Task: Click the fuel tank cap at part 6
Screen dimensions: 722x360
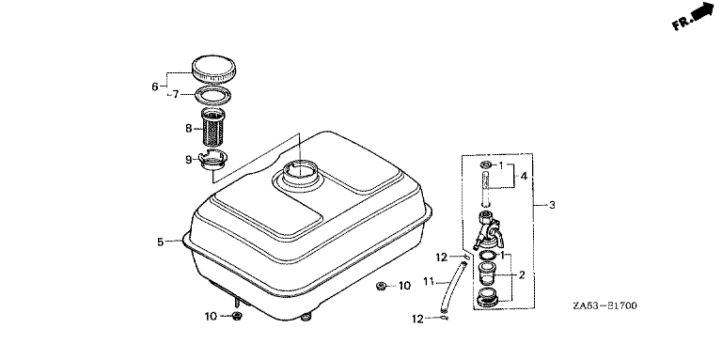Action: (x=213, y=69)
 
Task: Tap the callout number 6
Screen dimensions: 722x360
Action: (x=155, y=86)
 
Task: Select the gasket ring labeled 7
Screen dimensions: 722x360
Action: (x=212, y=97)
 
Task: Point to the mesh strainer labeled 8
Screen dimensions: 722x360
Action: (x=212, y=127)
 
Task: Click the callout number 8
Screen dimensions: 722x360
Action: (x=188, y=129)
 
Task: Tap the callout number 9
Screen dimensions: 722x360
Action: (x=188, y=160)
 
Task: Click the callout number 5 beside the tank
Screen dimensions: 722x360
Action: (x=160, y=242)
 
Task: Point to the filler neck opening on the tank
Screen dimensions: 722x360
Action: (x=300, y=173)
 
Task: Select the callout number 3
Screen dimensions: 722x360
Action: (x=552, y=205)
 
